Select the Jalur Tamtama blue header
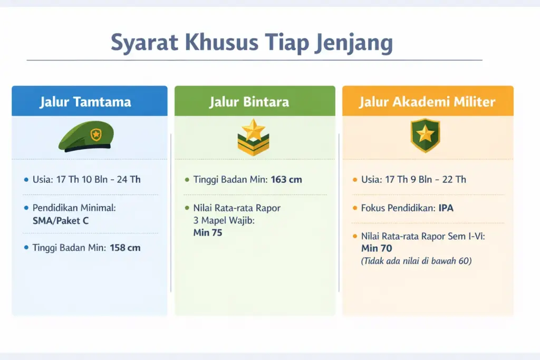tap(89, 101)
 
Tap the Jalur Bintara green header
tap(255, 101)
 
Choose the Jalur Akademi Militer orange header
tap(427, 101)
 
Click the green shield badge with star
tap(425, 135)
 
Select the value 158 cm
tap(125, 248)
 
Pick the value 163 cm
tap(286, 180)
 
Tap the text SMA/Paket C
tap(60, 221)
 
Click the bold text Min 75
tap(208, 232)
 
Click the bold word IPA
tap(446, 208)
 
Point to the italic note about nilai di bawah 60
tap(416, 261)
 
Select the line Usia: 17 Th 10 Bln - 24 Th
tap(86, 180)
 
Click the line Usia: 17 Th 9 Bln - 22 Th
tap(413, 180)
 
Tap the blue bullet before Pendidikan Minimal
tap(26, 208)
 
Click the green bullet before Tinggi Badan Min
tap(187, 180)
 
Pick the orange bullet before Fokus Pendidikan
tap(355, 208)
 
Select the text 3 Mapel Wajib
tap(224, 220)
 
